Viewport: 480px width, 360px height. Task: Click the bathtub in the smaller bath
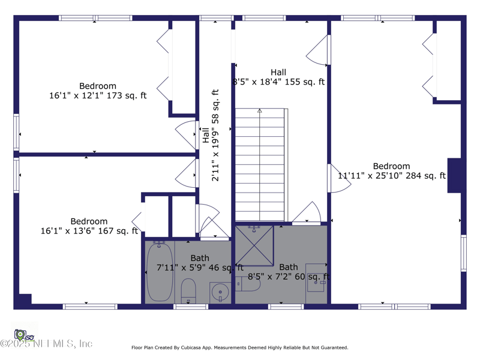pyautogui.click(x=160, y=271)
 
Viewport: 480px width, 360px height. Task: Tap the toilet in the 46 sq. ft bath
pyautogui.click(x=188, y=291)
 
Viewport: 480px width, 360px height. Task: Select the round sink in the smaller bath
pyautogui.click(x=220, y=292)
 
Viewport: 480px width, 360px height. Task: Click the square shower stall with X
pyautogui.click(x=254, y=246)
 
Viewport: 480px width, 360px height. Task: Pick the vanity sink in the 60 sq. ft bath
pyautogui.click(x=316, y=278)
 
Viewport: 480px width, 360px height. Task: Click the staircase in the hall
pyautogui.click(x=259, y=165)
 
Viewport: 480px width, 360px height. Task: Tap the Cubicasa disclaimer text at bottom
pyautogui.click(x=239, y=347)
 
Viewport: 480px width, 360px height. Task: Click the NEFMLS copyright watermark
pyautogui.click(x=47, y=344)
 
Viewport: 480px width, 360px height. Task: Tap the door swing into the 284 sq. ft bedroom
pyautogui.click(x=338, y=179)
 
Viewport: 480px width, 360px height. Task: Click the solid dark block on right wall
pyautogui.click(x=455, y=175)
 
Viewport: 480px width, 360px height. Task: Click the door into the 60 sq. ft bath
pyautogui.click(x=307, y=213)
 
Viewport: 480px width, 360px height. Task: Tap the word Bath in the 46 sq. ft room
pyautogui.click(x=200, y=259)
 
